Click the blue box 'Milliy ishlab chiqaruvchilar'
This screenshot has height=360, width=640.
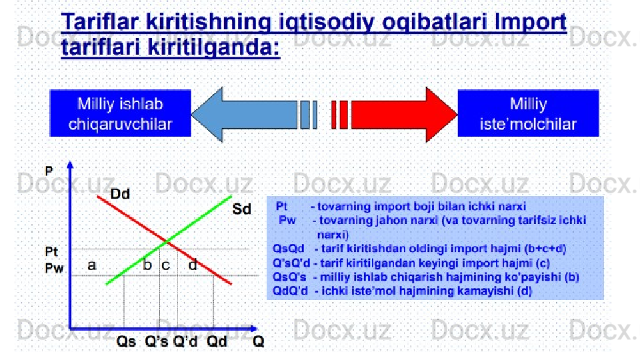click(121, 113)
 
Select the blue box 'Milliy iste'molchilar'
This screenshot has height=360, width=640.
click(528, 113)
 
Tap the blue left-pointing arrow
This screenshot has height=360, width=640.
click(254, 115)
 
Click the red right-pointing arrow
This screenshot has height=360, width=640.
click(394, 115)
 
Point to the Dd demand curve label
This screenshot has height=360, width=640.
click(120, 193)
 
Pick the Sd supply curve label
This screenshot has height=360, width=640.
click(241, 209)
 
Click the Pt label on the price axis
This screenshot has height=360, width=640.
click(51, 251)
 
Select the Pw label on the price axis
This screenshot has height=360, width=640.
click(54, 268)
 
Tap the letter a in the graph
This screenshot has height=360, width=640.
click(92, 265)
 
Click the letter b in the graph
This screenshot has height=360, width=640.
click(147, 265)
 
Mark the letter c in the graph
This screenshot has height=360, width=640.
click(165, 266)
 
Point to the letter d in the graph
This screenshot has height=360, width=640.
click(193, 265)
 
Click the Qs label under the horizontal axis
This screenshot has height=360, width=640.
click(126, 341)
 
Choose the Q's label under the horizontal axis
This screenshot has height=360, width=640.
click(156, 341)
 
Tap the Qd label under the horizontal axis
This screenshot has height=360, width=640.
click(217, 341)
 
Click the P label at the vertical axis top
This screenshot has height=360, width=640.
click(49, 171)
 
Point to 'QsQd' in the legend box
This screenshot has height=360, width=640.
click(289, 248)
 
